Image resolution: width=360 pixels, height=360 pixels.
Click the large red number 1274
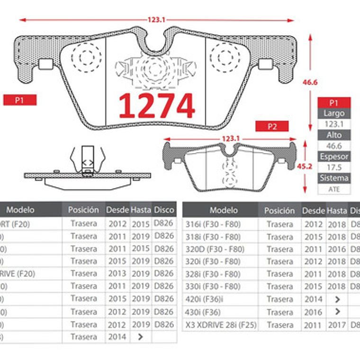pos(156,105)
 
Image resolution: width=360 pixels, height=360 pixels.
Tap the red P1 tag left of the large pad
pos(19,100)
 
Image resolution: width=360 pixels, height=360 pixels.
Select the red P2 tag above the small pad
pos(272,126)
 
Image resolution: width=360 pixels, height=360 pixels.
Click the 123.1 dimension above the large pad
pos(156,20)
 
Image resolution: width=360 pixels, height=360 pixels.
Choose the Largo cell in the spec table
pos(334,114)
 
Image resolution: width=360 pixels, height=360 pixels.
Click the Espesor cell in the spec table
pos(334,156)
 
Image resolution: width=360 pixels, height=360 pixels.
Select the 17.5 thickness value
pos(334,167)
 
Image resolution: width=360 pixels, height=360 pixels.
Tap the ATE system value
pos(334,189)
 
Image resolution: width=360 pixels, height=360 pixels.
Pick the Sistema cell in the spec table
pos(334,178)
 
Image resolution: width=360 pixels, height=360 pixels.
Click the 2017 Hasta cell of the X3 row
pos(337,325)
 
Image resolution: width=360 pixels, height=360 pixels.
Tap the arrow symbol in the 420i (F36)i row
pos(337,299)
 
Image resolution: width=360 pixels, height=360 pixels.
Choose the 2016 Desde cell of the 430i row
pos(313,312)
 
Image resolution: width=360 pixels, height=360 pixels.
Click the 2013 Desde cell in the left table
pos(117,273)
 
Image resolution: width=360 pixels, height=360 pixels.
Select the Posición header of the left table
pos(83,210)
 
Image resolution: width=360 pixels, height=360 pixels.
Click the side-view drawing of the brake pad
pos(88,168)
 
